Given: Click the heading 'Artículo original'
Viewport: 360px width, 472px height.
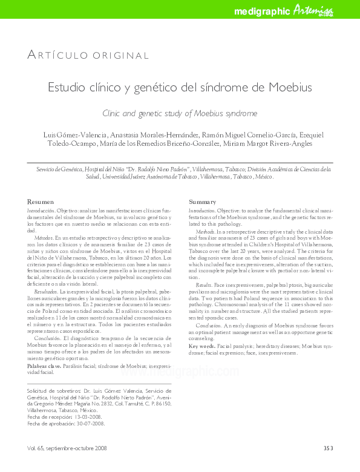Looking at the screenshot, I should coord(88,56).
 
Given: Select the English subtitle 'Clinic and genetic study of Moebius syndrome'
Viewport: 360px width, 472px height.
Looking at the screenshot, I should coord(180,113).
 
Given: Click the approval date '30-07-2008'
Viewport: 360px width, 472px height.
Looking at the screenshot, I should coord(90,424).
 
